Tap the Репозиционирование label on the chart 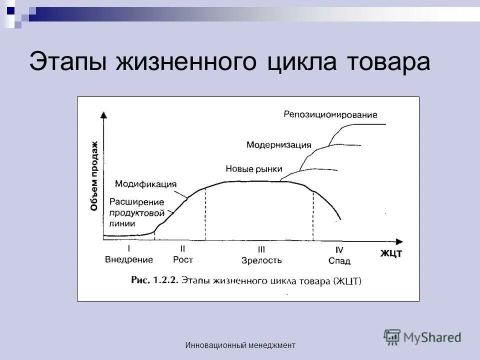330,114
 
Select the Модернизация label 278,145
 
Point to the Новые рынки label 254,169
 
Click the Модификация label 145,183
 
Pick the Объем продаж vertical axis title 94,176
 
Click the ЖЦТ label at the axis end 391,253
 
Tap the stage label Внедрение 129,260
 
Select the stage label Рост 183,260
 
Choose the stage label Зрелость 261,260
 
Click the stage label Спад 339,260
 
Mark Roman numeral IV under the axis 339,249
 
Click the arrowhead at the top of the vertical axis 104,114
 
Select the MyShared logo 423,337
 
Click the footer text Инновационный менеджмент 240,345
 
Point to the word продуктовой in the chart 137,212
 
